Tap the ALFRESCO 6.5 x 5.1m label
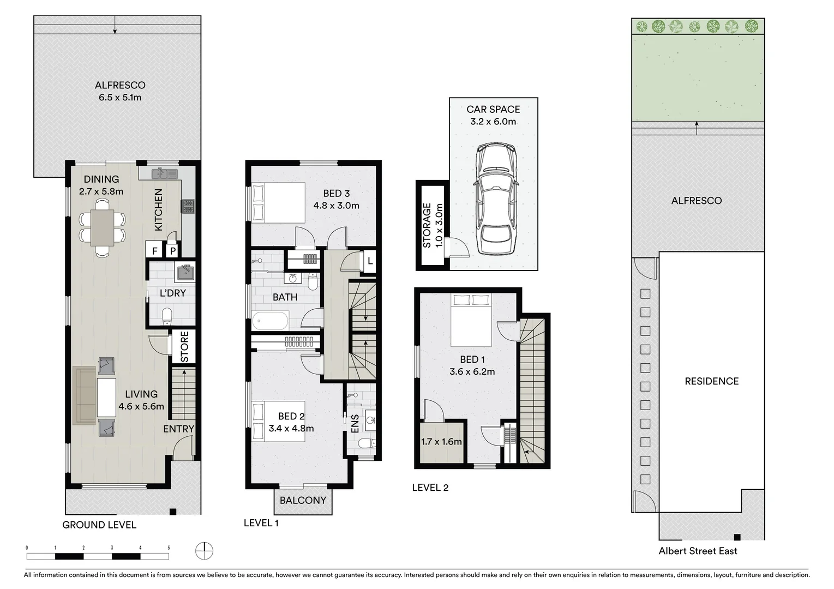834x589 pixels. tap(120, 91)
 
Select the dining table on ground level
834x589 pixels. tap(102, 227)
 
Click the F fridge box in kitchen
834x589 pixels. tap(155, 251)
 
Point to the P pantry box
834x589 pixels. tap(172, 251)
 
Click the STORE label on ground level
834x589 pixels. tap(184, 346)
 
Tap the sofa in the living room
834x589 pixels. tap(83, 395)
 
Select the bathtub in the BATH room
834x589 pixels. tap(271, 321)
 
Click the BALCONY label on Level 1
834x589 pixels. tap(303, 500)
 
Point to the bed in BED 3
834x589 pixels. tap(278, 202)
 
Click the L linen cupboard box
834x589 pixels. tap(370, 261)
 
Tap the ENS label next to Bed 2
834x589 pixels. tap(355, 424)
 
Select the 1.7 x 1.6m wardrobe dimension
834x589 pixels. tap(441, 442)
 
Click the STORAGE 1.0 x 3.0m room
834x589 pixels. tap(431, 226)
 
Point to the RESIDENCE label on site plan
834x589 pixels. tap(711, 381)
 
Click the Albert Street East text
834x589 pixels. tap(698, 551)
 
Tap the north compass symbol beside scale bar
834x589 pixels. tap(204, 550)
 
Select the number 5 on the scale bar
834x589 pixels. tap(169, 548)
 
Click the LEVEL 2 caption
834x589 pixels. tap(430, 488)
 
